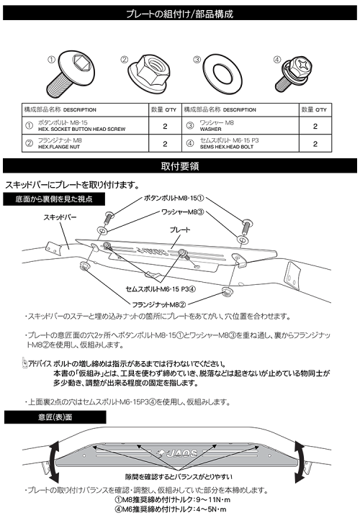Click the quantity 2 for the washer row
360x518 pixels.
click(x=335, y=124)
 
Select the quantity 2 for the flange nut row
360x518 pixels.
click(x=165, y=143)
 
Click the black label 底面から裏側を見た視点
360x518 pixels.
click(x=54, y=198)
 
